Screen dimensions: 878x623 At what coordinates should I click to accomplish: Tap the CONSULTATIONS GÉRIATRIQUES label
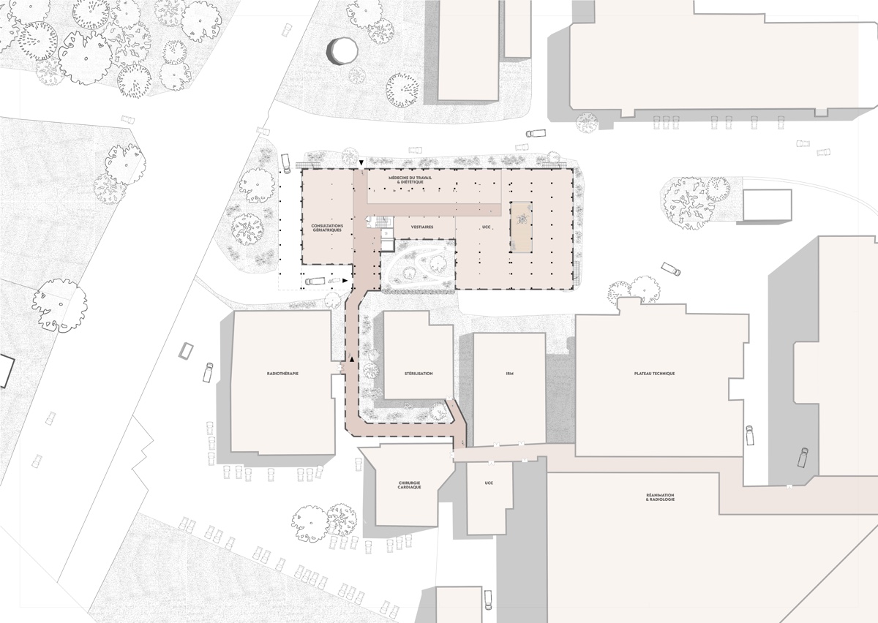click(x=327, y=228)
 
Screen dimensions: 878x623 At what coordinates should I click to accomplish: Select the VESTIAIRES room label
click(x=422, y=227)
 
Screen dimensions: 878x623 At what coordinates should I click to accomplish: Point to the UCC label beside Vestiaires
click(x=487, y=227)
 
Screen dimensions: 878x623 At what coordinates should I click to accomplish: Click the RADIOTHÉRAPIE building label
click(x=282, y=374)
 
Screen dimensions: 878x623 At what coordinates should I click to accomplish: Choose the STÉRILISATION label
click(x=419, y=374)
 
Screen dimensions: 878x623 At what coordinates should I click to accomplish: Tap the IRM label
click(x=509, y=374)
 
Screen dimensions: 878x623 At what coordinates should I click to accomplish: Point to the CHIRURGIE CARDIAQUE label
click(x=410, y=485)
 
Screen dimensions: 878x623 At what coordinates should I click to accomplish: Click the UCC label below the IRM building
click(x=489, y=483)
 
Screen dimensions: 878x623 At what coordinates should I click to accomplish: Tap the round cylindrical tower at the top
click(x=342, y=51)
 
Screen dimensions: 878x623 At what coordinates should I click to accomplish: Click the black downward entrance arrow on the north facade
click(x=361, y=162)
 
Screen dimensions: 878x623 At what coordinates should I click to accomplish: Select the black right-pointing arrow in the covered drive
click(x=345, y=280)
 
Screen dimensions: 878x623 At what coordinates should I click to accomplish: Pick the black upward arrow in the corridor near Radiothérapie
click(x=353, y=359)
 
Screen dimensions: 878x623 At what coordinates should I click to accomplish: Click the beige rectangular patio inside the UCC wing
click(x=521, y=227)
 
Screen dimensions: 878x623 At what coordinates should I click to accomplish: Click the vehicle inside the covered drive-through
click(x=315, y=281)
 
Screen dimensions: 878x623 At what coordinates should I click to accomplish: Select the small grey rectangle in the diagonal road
click(x=186, y=351)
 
